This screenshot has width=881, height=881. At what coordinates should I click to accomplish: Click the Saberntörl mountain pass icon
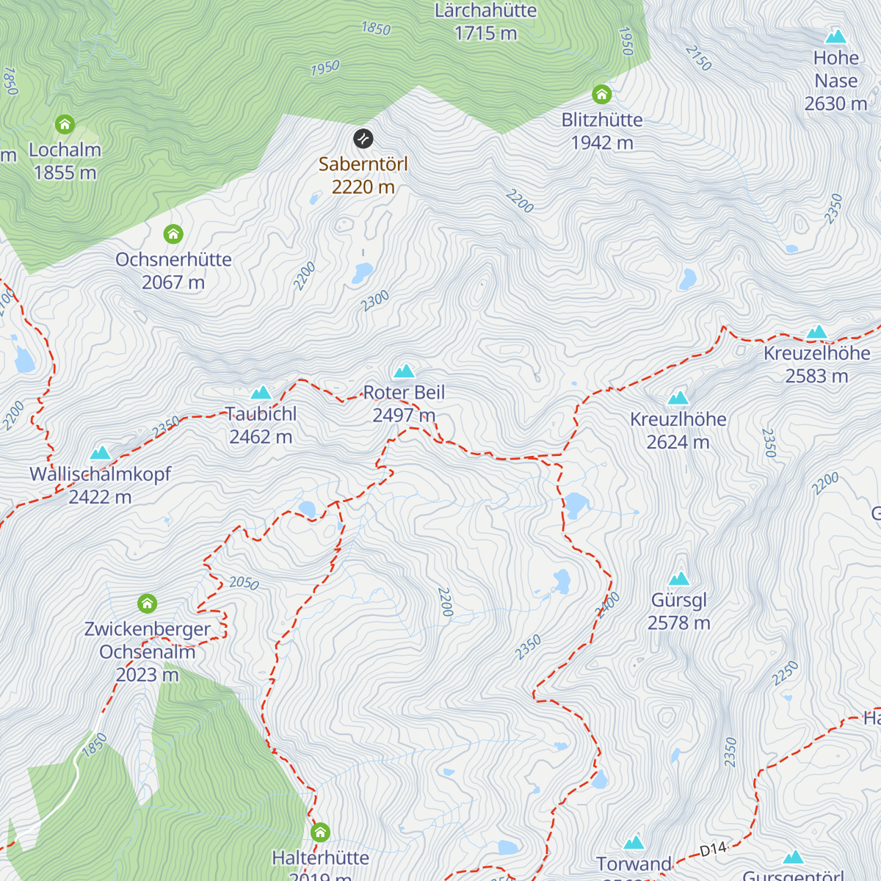pos(363,138)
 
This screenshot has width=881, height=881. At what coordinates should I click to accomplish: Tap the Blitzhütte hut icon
pos(601,94)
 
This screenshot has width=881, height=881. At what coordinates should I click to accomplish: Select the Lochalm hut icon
pos(65,124)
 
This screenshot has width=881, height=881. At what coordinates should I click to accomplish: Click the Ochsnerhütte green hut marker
pos(173,234)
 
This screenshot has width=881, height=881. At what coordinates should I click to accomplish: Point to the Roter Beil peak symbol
pos(404,371)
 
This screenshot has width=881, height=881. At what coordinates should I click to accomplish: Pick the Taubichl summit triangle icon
pos(261,393)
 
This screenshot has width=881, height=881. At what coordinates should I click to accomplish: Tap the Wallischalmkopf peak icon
pos(100,452)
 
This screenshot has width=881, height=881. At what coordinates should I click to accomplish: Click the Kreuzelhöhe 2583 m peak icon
pos(816,332)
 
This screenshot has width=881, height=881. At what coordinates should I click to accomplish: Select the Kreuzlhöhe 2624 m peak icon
pos(678,398)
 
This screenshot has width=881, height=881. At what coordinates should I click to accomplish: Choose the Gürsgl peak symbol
pos(678,579)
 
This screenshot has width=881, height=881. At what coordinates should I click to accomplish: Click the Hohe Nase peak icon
pos(835,36)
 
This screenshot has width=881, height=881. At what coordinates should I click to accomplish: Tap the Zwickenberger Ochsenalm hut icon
pos(148,603)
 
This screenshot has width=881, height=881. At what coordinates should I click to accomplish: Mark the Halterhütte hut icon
pos(320,833)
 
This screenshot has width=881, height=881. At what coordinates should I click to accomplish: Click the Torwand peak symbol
pos(634,842)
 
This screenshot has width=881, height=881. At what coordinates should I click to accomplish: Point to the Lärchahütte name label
pos(485,11)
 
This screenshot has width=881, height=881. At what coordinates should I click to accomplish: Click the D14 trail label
pos(712,849)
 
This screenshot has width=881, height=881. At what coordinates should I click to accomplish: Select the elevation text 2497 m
pos(404,416)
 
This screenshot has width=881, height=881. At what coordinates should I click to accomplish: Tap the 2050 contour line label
pos(244,583)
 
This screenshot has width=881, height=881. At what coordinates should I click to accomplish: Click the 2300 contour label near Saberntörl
pos(374,301)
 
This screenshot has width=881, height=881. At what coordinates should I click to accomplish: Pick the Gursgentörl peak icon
pos(793,858)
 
